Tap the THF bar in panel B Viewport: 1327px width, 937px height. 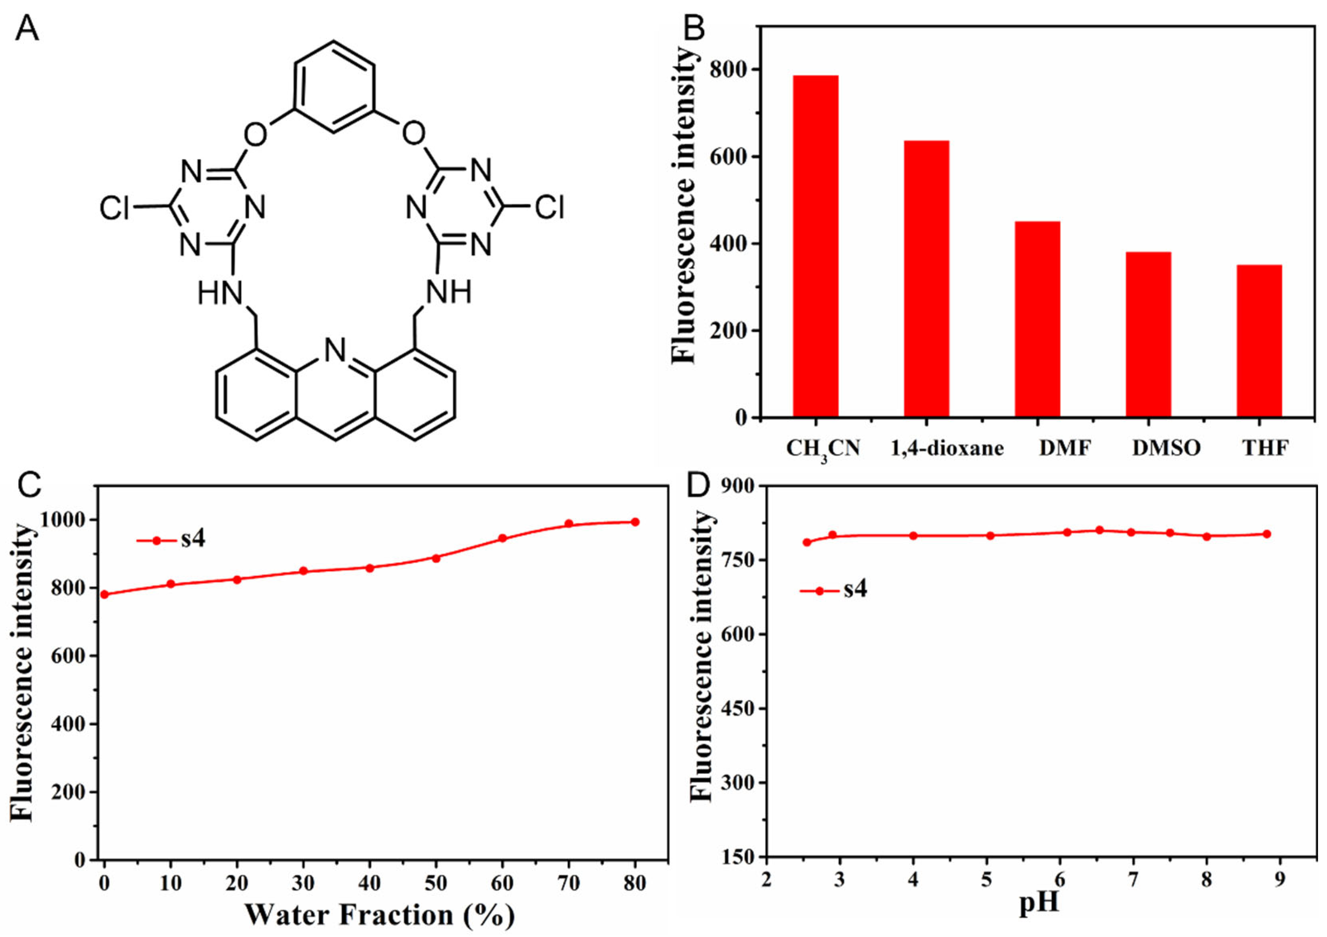(x=1259, y=341)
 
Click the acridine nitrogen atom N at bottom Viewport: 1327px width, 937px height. (x=335, y=350)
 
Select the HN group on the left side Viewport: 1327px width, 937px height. (x=220, y=293)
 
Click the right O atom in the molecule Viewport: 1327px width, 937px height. (x=414, y=134)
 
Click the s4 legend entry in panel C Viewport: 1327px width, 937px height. (x=192, y=540)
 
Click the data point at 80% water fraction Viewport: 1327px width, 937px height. (x=635, y=522)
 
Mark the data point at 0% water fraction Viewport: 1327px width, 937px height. (x=105, y=594)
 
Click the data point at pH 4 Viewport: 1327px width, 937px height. (x=913, y=536)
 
